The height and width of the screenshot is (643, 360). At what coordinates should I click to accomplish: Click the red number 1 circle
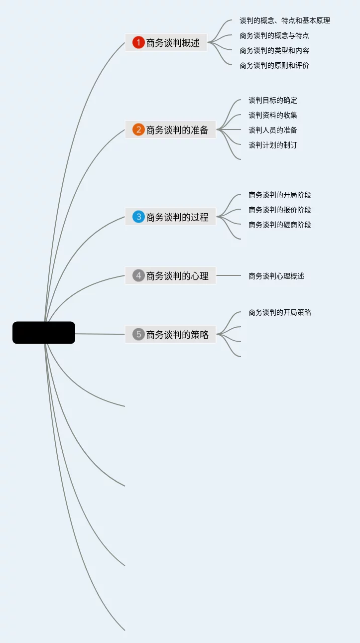pos(138,43)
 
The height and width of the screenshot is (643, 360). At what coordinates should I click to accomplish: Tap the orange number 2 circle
pos(138,130)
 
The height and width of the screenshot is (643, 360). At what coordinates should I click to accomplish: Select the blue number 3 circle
pos(138,217)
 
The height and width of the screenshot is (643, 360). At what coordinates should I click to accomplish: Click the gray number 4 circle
pos(138,275)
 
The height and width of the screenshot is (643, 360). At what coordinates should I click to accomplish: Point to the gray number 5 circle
pos(138,334)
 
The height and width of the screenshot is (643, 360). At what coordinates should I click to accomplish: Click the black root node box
pos(44,333)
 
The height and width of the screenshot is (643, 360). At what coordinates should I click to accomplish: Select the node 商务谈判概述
pos(173,43)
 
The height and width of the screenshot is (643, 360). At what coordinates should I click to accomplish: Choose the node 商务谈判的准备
pos(177,130)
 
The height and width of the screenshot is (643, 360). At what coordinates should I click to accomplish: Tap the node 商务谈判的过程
pos(177,217)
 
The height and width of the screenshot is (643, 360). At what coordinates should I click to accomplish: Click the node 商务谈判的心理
pos(177,275)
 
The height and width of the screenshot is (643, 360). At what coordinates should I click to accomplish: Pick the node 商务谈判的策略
pos(177,334)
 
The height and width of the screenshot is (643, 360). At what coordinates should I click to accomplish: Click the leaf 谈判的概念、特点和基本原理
pos(285,20)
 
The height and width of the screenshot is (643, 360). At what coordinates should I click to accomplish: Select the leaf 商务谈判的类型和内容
pos(274,50)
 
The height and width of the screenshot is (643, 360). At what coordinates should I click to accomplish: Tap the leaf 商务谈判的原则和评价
pos(274,65)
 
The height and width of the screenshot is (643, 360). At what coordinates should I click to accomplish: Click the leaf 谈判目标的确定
pos(273,100)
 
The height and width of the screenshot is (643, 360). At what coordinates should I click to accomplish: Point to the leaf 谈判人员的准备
pos(273,130)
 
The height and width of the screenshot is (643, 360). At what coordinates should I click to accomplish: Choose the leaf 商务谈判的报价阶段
pos(280,210)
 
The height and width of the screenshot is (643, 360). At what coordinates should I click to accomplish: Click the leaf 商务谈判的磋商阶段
pos(280,225)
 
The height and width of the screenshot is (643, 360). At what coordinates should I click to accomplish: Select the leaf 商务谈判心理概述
pos(276,275)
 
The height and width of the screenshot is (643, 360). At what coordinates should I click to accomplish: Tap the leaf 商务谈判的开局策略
pos(280,312)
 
